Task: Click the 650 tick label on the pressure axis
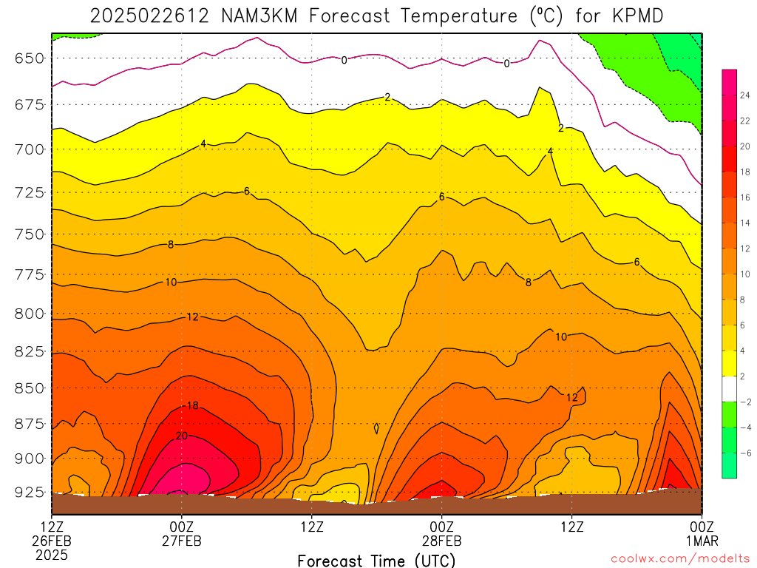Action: click(30, 58)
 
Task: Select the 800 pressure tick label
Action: click(30, 314)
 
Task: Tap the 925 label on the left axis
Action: click(30, 493)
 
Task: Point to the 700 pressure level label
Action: click(30, 149)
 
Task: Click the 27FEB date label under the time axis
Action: click(182, 541)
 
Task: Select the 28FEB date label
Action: click(442, 541)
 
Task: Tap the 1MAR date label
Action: click(702, 541)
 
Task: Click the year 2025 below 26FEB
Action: click(52, 555)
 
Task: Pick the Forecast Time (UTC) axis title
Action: click(376, 561)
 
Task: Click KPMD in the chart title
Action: click(638, 16)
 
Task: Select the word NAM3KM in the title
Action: click(259, 16)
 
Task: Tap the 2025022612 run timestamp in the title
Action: click(149, 16)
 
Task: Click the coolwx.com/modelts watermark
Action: click(680, 558)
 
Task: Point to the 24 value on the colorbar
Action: click(745, 95)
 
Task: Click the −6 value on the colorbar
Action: click(745, 453)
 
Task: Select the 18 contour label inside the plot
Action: click(193, 406)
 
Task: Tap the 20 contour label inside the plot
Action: click(182, 436)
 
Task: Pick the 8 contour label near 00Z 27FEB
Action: click(171, 245)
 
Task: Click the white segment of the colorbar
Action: click(730, 389)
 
